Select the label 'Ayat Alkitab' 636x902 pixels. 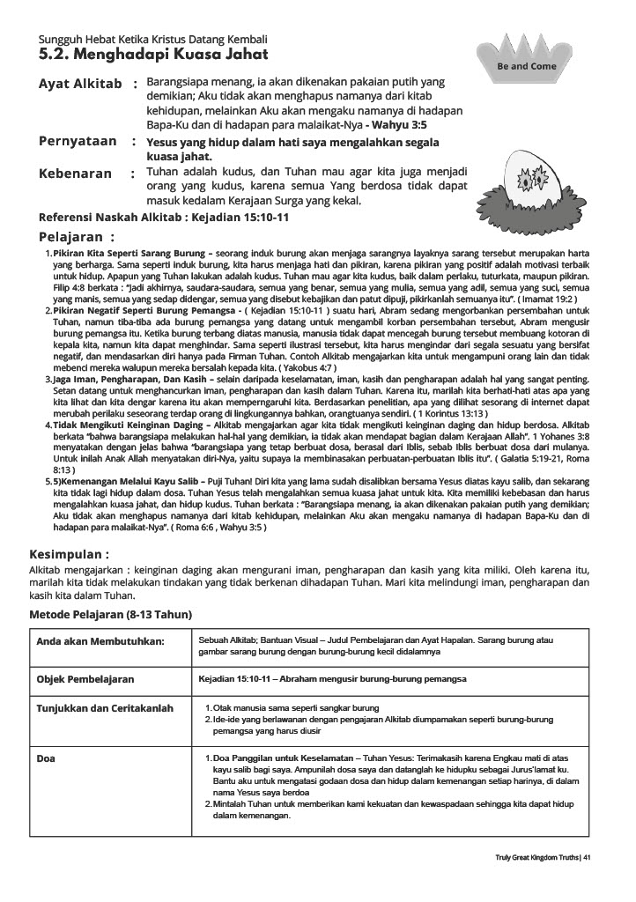[80, 84]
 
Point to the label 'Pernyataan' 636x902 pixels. [78, 141]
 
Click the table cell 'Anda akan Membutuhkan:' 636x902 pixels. [100, 641]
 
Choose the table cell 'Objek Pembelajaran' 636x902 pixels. [85, 680]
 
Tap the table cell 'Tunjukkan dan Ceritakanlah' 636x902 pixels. [105, 708]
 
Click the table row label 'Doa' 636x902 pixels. [46, 758]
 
